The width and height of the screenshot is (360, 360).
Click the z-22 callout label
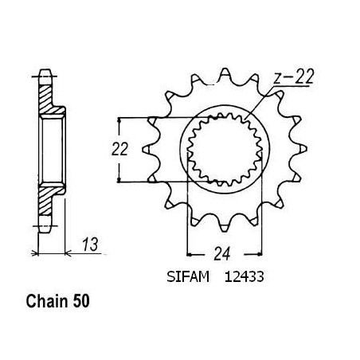coord(294,77)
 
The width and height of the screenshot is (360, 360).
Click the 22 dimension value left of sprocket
coord(119,149)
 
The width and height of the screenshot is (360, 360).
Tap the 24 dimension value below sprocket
coord(221,254)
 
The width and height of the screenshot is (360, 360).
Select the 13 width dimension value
coord(90,245)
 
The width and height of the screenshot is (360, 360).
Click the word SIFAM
coord(188,276)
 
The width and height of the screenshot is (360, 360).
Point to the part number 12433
coord(245,276)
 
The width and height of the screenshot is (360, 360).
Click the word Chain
coord(47,301)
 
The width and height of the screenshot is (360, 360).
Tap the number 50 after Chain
coord(81,302)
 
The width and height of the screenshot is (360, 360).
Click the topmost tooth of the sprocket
coord(225,72)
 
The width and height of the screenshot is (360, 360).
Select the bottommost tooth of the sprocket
coord(225,226)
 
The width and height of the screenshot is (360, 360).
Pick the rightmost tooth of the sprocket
coord(302,148)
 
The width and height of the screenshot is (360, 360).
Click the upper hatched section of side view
coord(49,100)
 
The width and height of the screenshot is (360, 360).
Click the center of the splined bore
coord(225,149)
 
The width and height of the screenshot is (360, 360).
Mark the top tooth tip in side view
coord(45,70)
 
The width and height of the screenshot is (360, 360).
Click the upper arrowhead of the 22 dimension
coord(119,120)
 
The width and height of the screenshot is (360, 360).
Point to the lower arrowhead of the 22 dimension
coord(119,180)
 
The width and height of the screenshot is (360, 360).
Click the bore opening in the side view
coord(52,150)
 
